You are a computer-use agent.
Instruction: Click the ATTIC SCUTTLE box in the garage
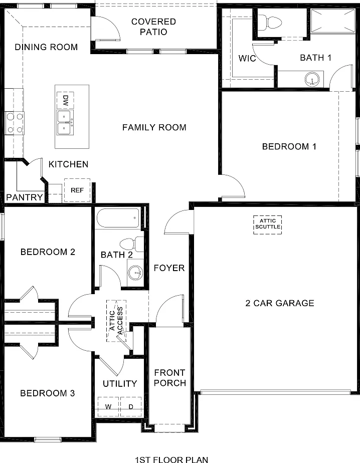click(267, 224)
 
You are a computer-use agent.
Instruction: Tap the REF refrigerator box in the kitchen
click(77, 190)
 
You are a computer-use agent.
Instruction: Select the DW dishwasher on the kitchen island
click(65, 100)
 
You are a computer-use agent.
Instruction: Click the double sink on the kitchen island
click(65, 123)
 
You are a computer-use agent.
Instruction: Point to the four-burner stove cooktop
click(15, 123)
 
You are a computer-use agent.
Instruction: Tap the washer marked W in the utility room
click(108, 406)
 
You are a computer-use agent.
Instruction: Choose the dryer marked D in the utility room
click(131, 406)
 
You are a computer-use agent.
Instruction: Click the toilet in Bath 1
click(270, 23)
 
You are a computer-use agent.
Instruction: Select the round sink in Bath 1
click(312, 79)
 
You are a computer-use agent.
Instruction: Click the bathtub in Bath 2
click(118, 218)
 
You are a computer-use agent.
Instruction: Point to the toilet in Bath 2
click(132, 245)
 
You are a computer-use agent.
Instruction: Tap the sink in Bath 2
click(136, 272)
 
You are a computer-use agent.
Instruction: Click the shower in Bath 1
click(333, 21)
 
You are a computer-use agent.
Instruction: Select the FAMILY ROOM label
click(154, 127)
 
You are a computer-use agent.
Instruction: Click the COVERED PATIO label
click(154, 27)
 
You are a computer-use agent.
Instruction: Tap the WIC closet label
click(247, 58)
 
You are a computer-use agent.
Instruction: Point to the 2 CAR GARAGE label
click(280, 303)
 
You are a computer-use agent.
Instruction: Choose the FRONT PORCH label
click(169, 378)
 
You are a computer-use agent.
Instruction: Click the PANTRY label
click(25, 197)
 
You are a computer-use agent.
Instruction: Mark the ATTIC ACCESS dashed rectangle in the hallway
click(116, 321)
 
